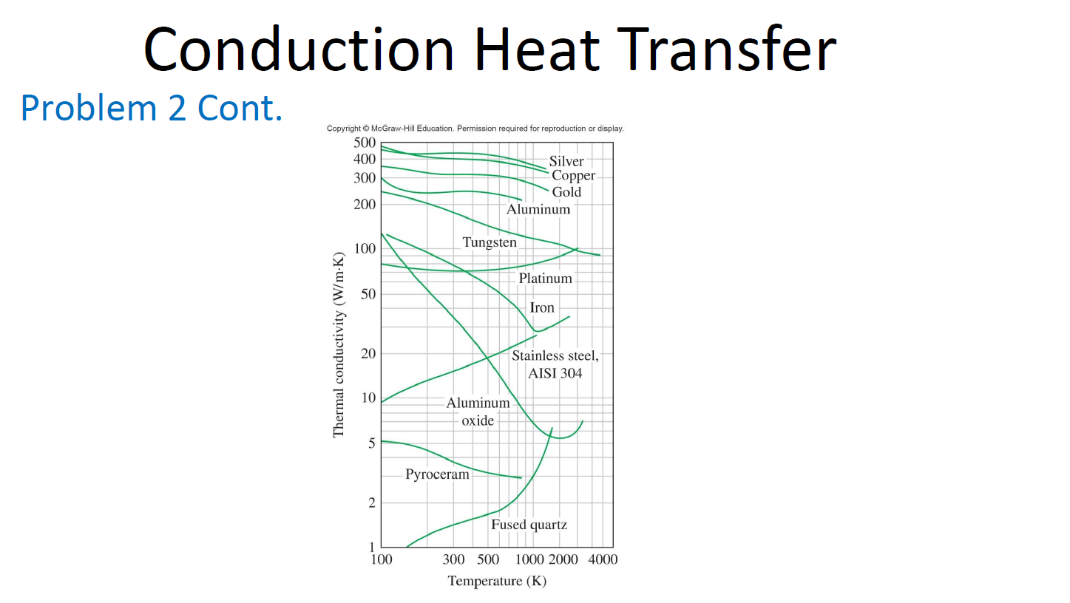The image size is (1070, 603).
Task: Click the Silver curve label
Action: click(x=566, y=161)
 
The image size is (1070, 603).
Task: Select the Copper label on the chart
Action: click(x=573, y=176)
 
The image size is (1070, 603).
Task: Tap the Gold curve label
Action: click(x=566, y=191)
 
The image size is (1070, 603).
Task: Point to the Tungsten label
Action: click(x=490, y=242)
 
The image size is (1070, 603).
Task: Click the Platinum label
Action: click(x=545, y=279)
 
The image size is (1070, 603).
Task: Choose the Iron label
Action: click(x=542, y=307)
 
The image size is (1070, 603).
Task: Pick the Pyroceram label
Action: click(x=437, y=474)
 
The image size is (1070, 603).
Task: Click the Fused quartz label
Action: click(x=529, y=525)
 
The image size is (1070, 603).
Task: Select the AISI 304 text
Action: click(x=555, y=373)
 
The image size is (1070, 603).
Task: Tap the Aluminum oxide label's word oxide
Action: click(x=478, y=420)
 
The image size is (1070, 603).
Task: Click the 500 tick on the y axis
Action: click(x=365, y=143)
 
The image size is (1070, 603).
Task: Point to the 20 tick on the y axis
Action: click(x=368, y=354)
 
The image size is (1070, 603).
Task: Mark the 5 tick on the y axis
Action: click(x=371, y=443)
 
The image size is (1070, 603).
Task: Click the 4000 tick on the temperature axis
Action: click(x=603, y=559)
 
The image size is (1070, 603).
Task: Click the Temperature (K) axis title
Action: click(x=497, y=581)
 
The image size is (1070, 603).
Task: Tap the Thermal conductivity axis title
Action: click(x=339, y=345)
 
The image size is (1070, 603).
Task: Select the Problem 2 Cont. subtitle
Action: click(x=152, y=108)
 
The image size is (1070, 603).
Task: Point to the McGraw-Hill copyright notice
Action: click(x=475, y=128)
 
